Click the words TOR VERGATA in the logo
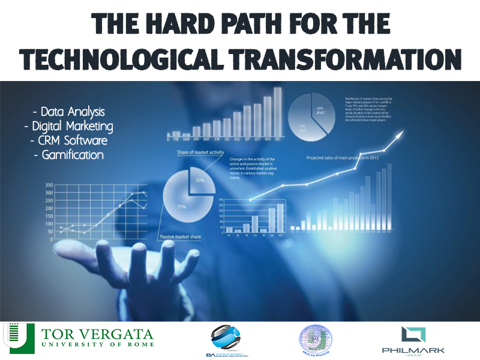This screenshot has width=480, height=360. tap(98, 334)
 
